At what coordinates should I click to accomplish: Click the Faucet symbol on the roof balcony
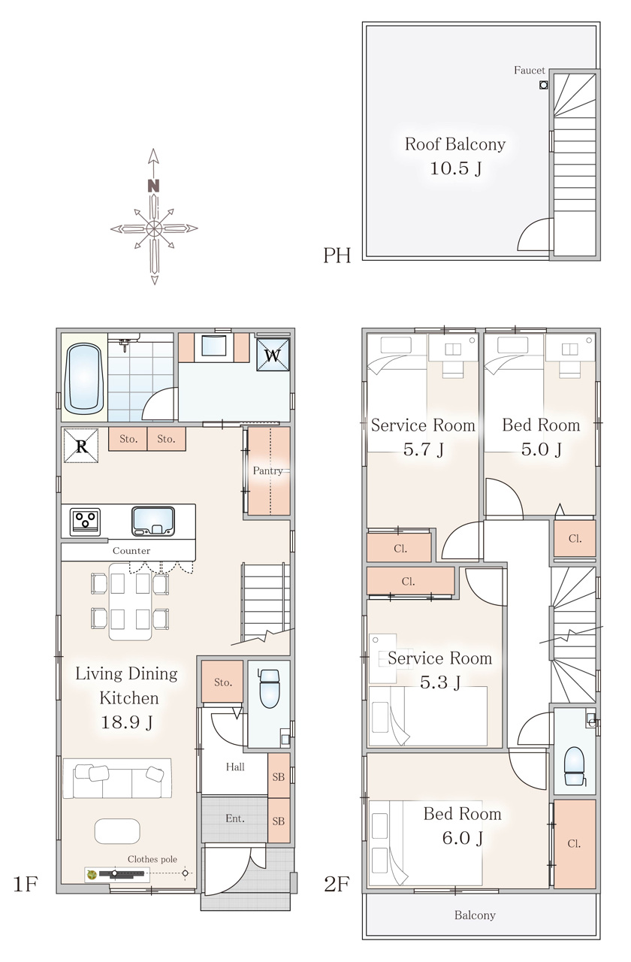point(543,85)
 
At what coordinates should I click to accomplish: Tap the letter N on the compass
point(154,186)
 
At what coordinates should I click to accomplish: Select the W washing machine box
point(273,355)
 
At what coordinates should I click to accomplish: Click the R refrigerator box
point(81,446)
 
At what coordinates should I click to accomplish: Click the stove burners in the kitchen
point(85,522)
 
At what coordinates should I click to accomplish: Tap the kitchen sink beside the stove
point(153,522)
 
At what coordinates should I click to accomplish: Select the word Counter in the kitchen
point(131,551)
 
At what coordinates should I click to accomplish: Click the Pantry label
point(268,470)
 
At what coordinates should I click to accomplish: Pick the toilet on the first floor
point(269,688)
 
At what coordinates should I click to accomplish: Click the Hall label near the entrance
point(235,767)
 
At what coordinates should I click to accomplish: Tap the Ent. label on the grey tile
point(235,818)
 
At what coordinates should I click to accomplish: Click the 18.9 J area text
point(127,722)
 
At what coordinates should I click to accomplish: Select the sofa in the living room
point(117,778)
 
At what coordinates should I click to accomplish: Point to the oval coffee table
point(117,831)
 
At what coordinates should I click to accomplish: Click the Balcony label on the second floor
point(476,915)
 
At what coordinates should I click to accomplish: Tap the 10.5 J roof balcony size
point(455,168)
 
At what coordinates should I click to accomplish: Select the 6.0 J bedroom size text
point(463,838)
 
